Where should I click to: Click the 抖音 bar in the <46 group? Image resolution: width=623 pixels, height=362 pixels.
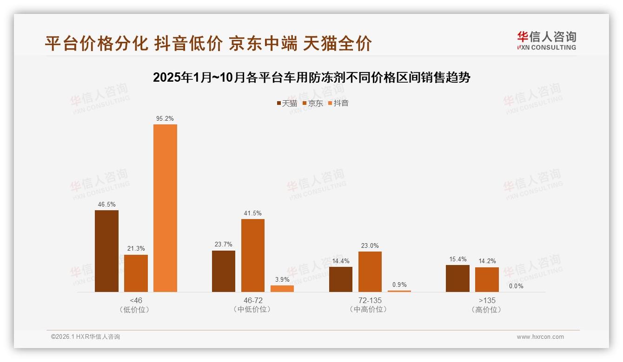(x=165, y=208)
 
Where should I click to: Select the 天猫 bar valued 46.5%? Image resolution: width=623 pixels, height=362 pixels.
(x=106, y=251)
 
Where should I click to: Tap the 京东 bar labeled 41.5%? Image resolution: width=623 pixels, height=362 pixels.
(x=253, y=255)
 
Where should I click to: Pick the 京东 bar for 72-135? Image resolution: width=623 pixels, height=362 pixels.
(x=370, y=271)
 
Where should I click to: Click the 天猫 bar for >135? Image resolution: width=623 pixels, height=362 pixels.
(x=457, y=278)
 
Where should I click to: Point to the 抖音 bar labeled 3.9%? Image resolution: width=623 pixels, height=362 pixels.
(x=282, y=289)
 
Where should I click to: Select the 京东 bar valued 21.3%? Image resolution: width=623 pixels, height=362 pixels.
(x=136, y=273)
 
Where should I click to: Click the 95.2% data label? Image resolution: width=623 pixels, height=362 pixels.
(x=165, y=119)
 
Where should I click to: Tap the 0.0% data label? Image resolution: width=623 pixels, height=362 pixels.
(x=516, y=286)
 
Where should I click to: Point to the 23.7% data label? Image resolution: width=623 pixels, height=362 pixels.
(x=224, y=245)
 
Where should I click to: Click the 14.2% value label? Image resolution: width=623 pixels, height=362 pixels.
(x=487, y=261)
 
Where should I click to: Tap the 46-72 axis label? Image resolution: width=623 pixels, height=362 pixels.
(x=252, y=300)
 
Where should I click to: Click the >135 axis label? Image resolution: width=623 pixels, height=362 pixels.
(x=487, y=300)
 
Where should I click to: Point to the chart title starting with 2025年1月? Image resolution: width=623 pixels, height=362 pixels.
(x=311, y=78)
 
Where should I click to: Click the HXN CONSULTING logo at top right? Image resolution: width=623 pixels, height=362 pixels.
(x=546, y=41)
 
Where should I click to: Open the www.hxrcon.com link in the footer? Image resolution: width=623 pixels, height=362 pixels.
(x=540, y=337)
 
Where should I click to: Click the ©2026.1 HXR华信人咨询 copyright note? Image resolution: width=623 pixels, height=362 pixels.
(x=86, y=337)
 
